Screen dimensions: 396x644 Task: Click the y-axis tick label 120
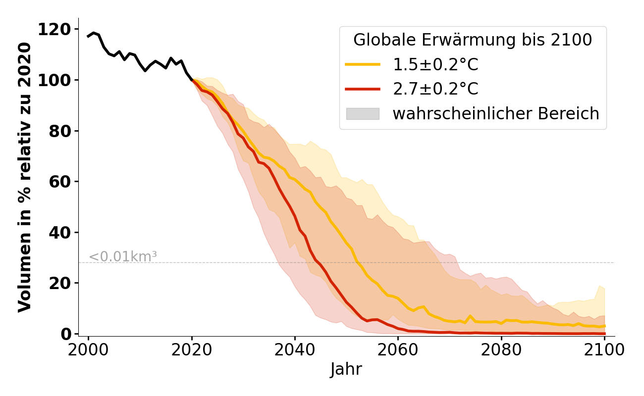tap(58, 30)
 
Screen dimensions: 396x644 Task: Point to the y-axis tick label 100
tap(58, 80)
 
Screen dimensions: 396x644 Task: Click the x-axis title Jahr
tap(346, 369)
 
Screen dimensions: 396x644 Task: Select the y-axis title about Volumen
tap(25, 177)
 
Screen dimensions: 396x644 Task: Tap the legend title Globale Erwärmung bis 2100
tap(473, 40)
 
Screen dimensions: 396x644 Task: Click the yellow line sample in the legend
tap(363, 64)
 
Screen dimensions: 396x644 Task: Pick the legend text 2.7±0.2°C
tap(435, 89)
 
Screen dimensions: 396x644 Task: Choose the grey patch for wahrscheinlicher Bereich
tap(363, 114)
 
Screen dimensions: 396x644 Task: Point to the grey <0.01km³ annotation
tap(123, 256)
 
